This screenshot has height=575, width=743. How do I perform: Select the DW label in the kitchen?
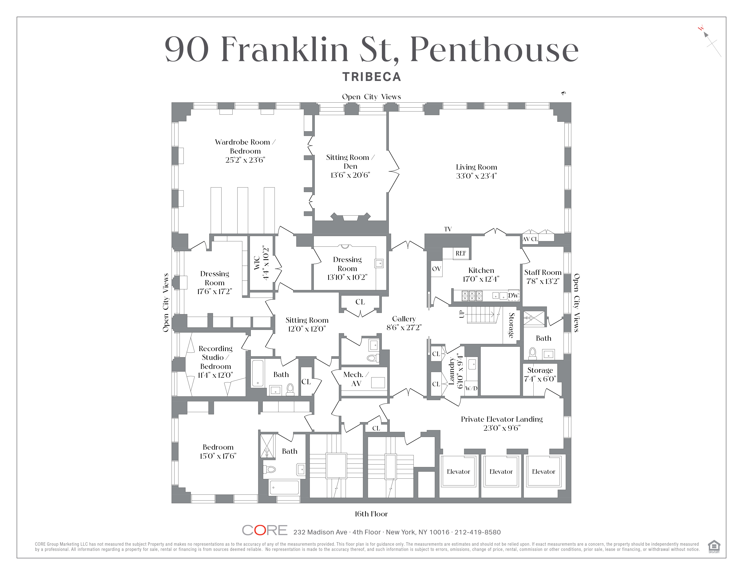point(513,296)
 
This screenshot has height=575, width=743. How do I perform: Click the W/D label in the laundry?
point(471,388)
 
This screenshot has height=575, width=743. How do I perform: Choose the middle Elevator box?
point(501,472)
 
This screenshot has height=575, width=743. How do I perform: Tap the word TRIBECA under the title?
point(371,77)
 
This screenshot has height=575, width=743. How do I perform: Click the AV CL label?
point(530,239)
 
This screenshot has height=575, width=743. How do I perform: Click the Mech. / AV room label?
point(356,379)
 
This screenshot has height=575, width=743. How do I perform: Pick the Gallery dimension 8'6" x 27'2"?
point(404,328)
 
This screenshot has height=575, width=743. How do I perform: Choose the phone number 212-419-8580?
point(477,532)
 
